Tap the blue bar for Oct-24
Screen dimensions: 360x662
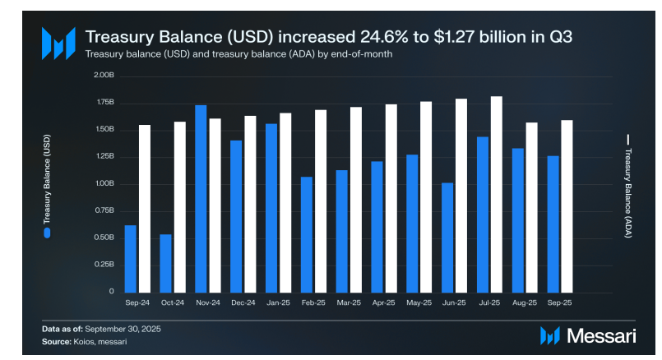point(165,263)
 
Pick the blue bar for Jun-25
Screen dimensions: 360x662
point(447,237)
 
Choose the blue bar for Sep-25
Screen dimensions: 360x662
point(553,224)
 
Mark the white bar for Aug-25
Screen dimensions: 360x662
point(531,207)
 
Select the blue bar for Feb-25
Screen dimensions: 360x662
point(307,234)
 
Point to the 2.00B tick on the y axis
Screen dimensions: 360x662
point(104,76)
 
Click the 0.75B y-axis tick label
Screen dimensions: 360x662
point(104,210)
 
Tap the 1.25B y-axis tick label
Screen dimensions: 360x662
point(104,156)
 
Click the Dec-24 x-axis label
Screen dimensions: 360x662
point(243,302)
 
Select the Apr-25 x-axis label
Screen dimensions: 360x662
point(383,302)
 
